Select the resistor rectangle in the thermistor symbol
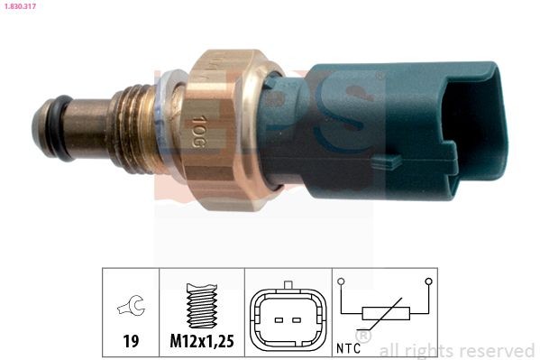[x=386, y=315]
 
